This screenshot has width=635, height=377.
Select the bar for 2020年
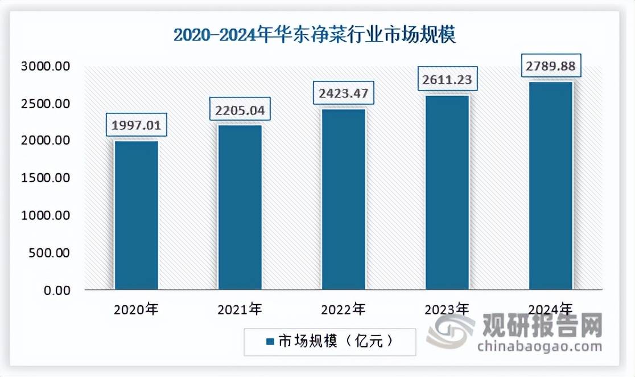137,215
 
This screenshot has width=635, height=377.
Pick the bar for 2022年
344,199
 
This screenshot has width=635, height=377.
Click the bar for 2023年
447,192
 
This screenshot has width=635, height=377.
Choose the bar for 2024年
551,186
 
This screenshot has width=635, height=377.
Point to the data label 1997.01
137,125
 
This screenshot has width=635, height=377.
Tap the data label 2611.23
447,79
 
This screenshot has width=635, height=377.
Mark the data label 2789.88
551,66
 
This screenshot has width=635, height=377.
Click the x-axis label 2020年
137,310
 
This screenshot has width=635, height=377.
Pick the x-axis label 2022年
344,310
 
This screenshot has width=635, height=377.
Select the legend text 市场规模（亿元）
335,342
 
